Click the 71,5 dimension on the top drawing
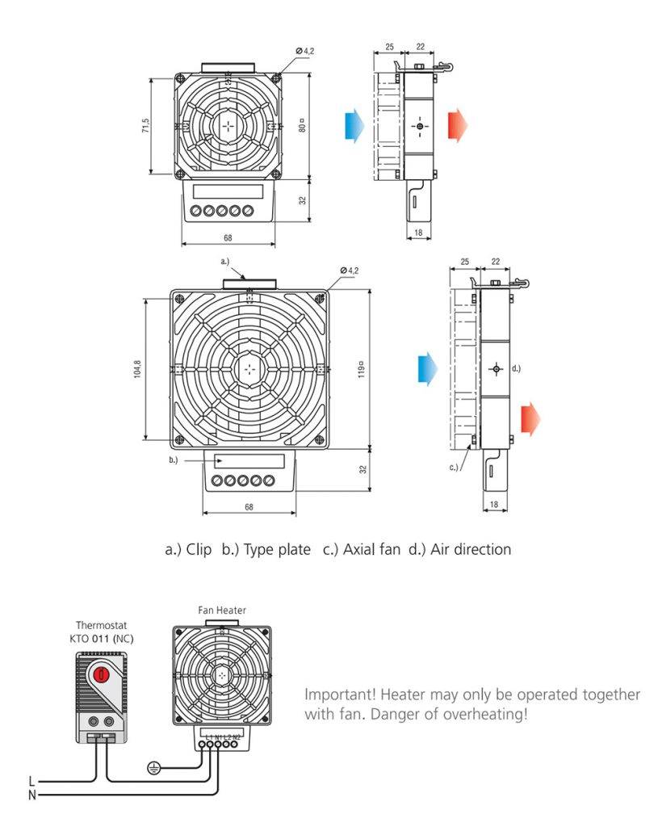pyautogui.click(x=145, y=126)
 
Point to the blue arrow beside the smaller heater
pyautogui.click(x=354, y=125)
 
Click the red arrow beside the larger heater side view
pyautogui.click(x=530, y=419)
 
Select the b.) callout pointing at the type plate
pyautogui.click(x=173, y=460)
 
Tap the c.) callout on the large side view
pyautogui.click(x=454, y=467)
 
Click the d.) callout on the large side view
pyautogui.click(x=516, y=368)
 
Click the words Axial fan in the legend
pyautogui.click(x=371, y=550)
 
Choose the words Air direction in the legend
pyautogui.click(x=471, y=550)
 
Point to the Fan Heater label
pyautogui.click(x=222, y=610)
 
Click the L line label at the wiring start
pyautogui.click(x=31, y=781)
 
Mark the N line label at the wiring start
pyautogui.click(x=31, y=795)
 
